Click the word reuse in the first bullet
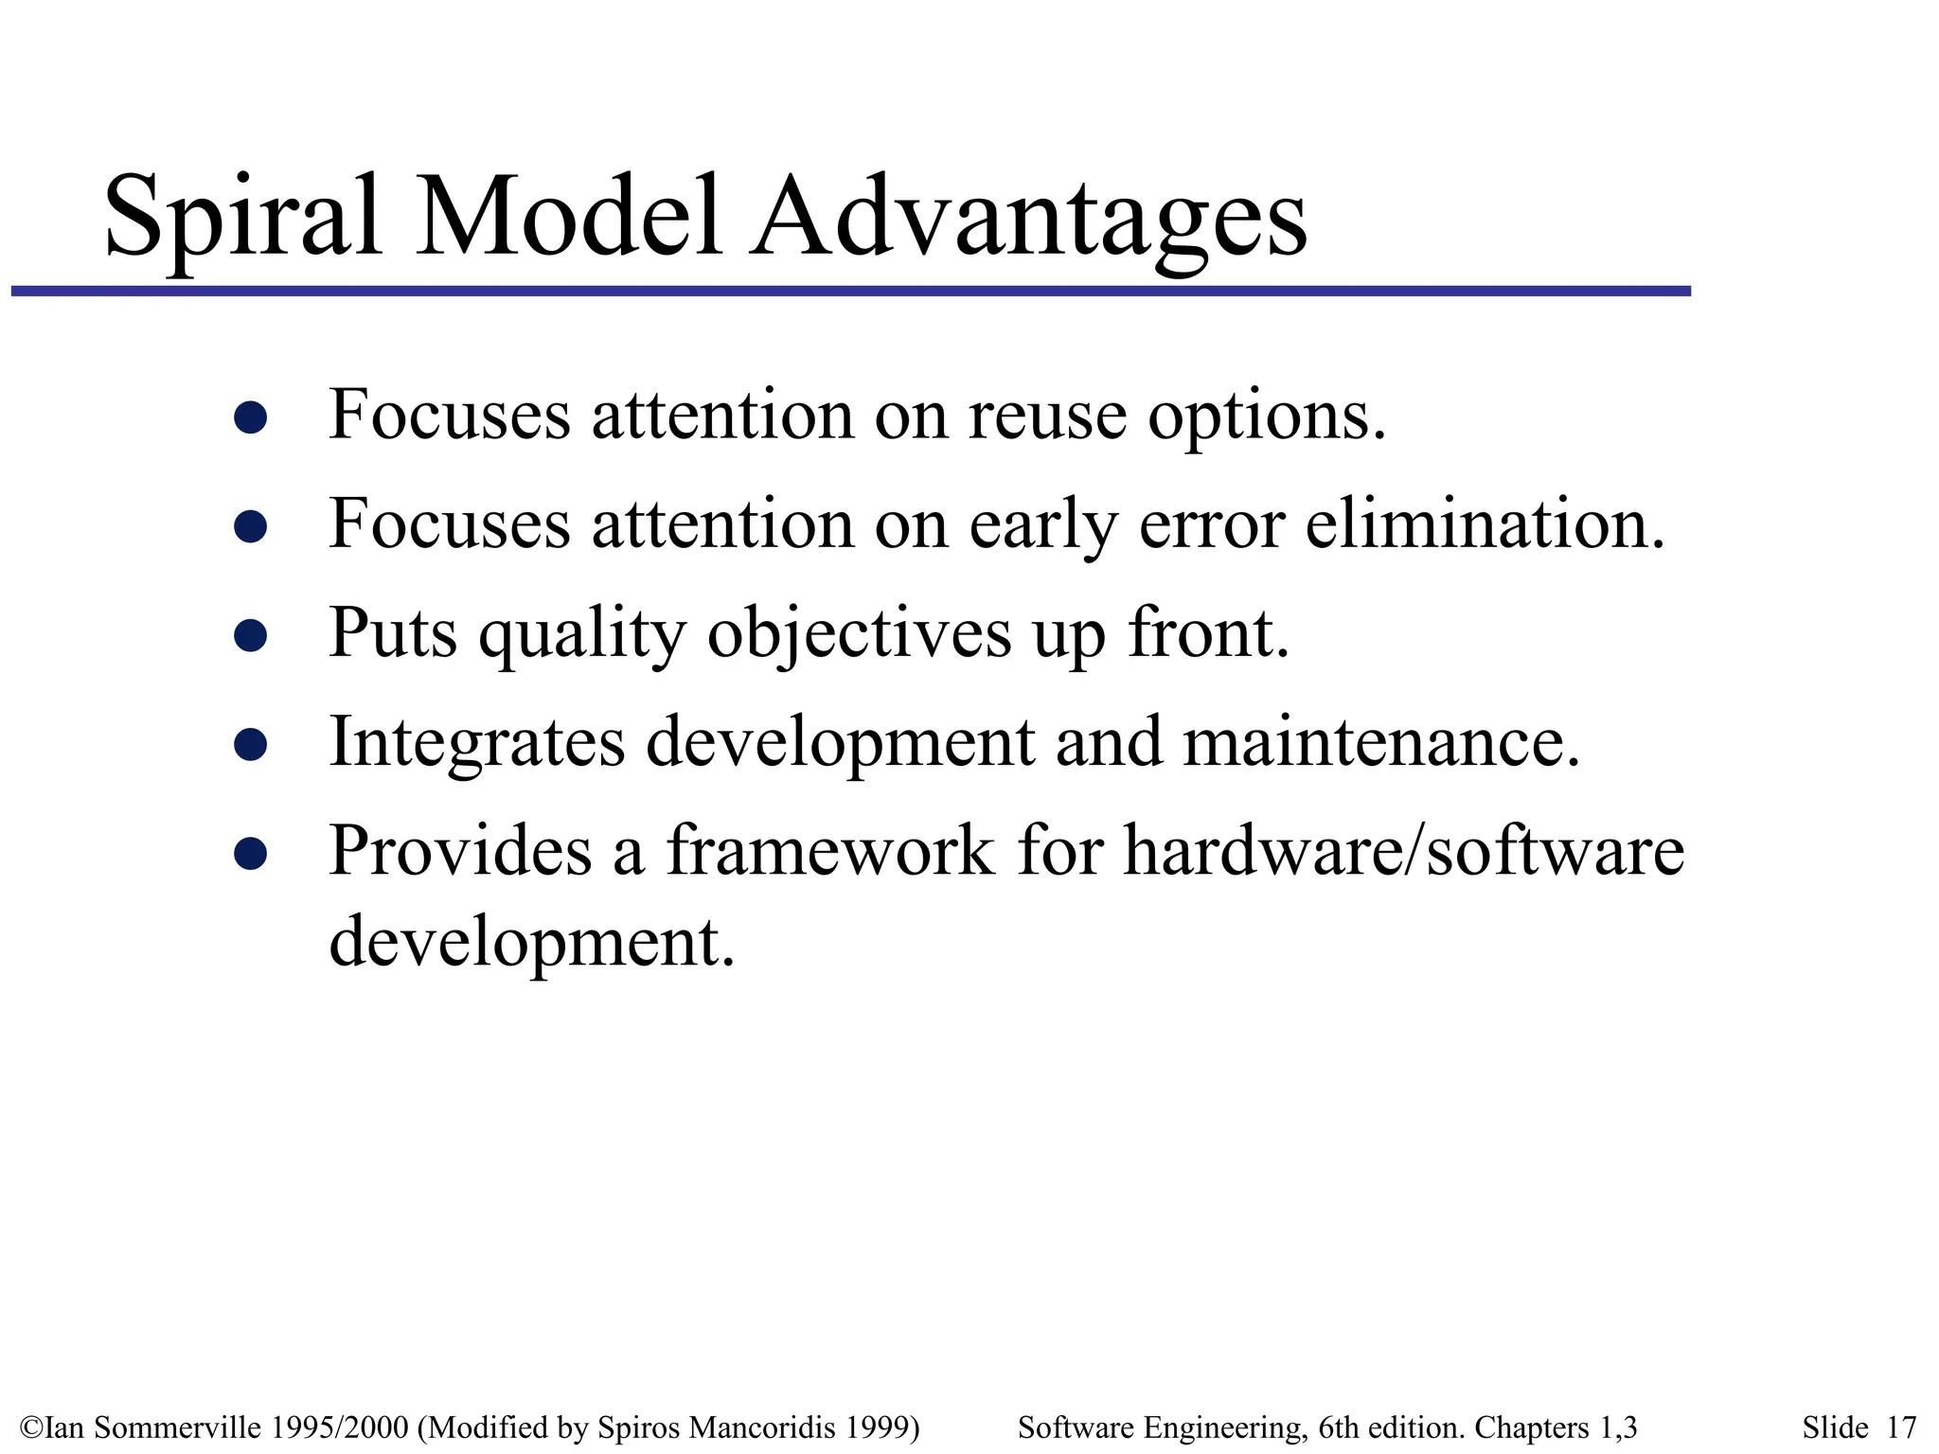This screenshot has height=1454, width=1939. tap(1047, 417)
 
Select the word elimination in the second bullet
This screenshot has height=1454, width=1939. tap(1484, 524)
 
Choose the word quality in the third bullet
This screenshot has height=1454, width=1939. tap(581, 634)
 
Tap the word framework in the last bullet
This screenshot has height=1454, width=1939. tap(831, 851)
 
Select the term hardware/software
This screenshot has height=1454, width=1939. tap(1403, 851)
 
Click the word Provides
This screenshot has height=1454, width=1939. tap(460, 851)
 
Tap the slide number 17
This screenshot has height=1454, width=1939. tap(1900, 1427)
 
